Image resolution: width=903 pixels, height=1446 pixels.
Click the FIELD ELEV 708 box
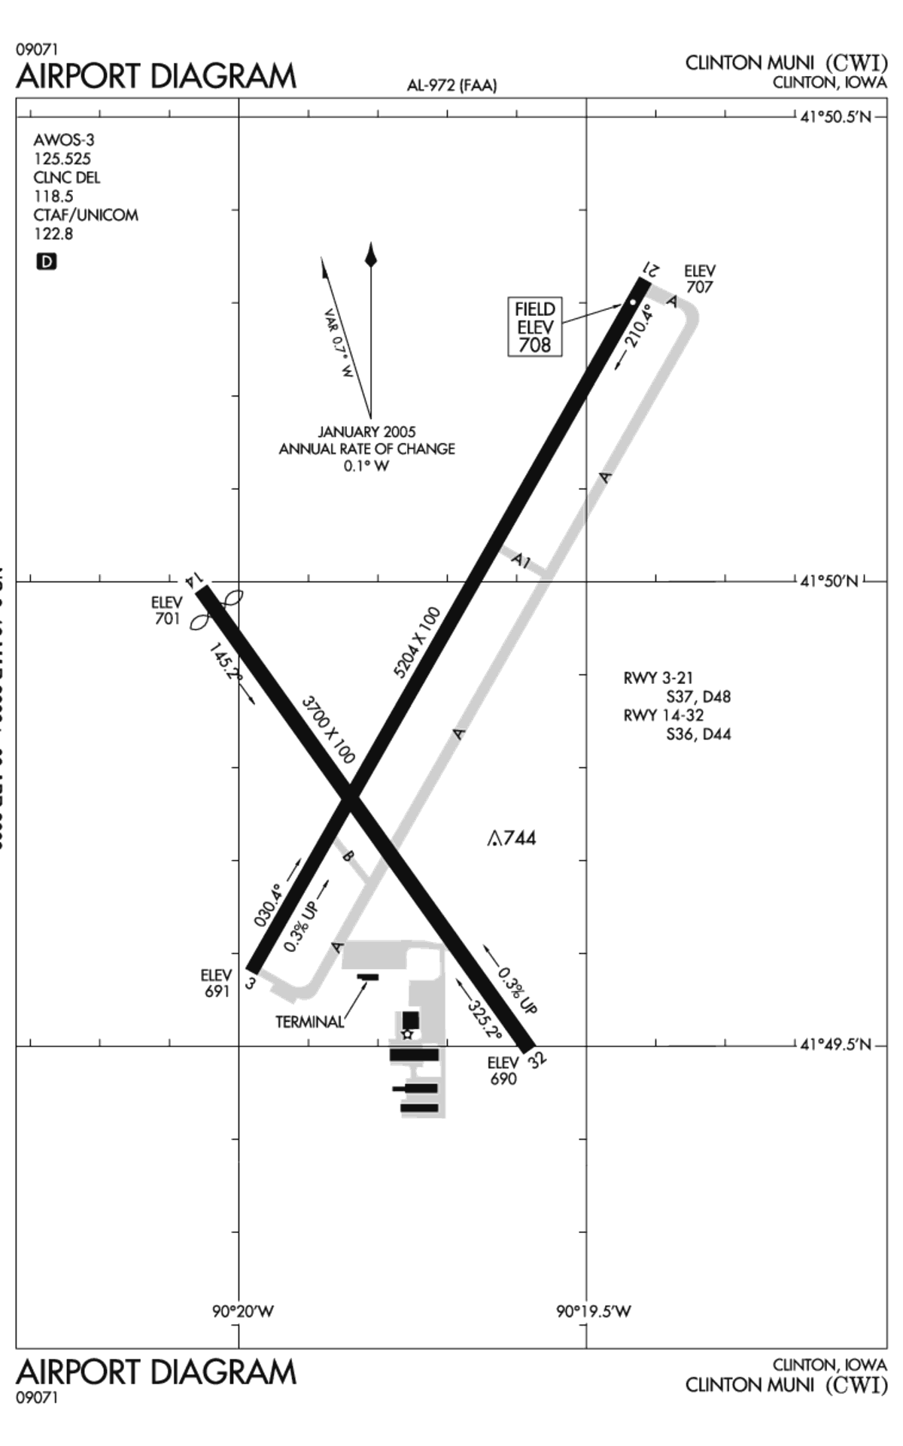(x=535, y=327)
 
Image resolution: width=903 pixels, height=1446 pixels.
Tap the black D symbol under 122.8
(x=47, y=262)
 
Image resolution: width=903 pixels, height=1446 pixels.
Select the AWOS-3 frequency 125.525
(x=62, y=159)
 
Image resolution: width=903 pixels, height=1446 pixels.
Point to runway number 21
(x=652, y=269)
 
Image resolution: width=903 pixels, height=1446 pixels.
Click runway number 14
(x=193, y=579)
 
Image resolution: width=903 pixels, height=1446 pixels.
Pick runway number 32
(x=537, y=1059)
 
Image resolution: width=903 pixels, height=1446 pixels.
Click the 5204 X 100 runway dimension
(x=417, y=642)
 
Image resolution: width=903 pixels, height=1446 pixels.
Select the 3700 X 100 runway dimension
(x=328, y=730)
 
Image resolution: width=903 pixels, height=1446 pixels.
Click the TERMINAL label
(x=309, y=1022)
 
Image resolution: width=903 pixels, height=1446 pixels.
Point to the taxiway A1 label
(x=521, y=561)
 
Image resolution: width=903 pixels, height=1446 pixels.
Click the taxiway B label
(x=347, y=855)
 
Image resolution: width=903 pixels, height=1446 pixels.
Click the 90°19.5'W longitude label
(x=594, y=1311)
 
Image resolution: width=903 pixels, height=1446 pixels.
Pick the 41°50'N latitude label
(x=829, y=582)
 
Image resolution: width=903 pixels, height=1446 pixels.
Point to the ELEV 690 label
(x=503, y=1071)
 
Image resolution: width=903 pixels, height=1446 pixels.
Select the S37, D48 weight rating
(x=698, y=697)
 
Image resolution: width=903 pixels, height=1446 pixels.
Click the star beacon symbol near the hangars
(x=408, y=1034)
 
